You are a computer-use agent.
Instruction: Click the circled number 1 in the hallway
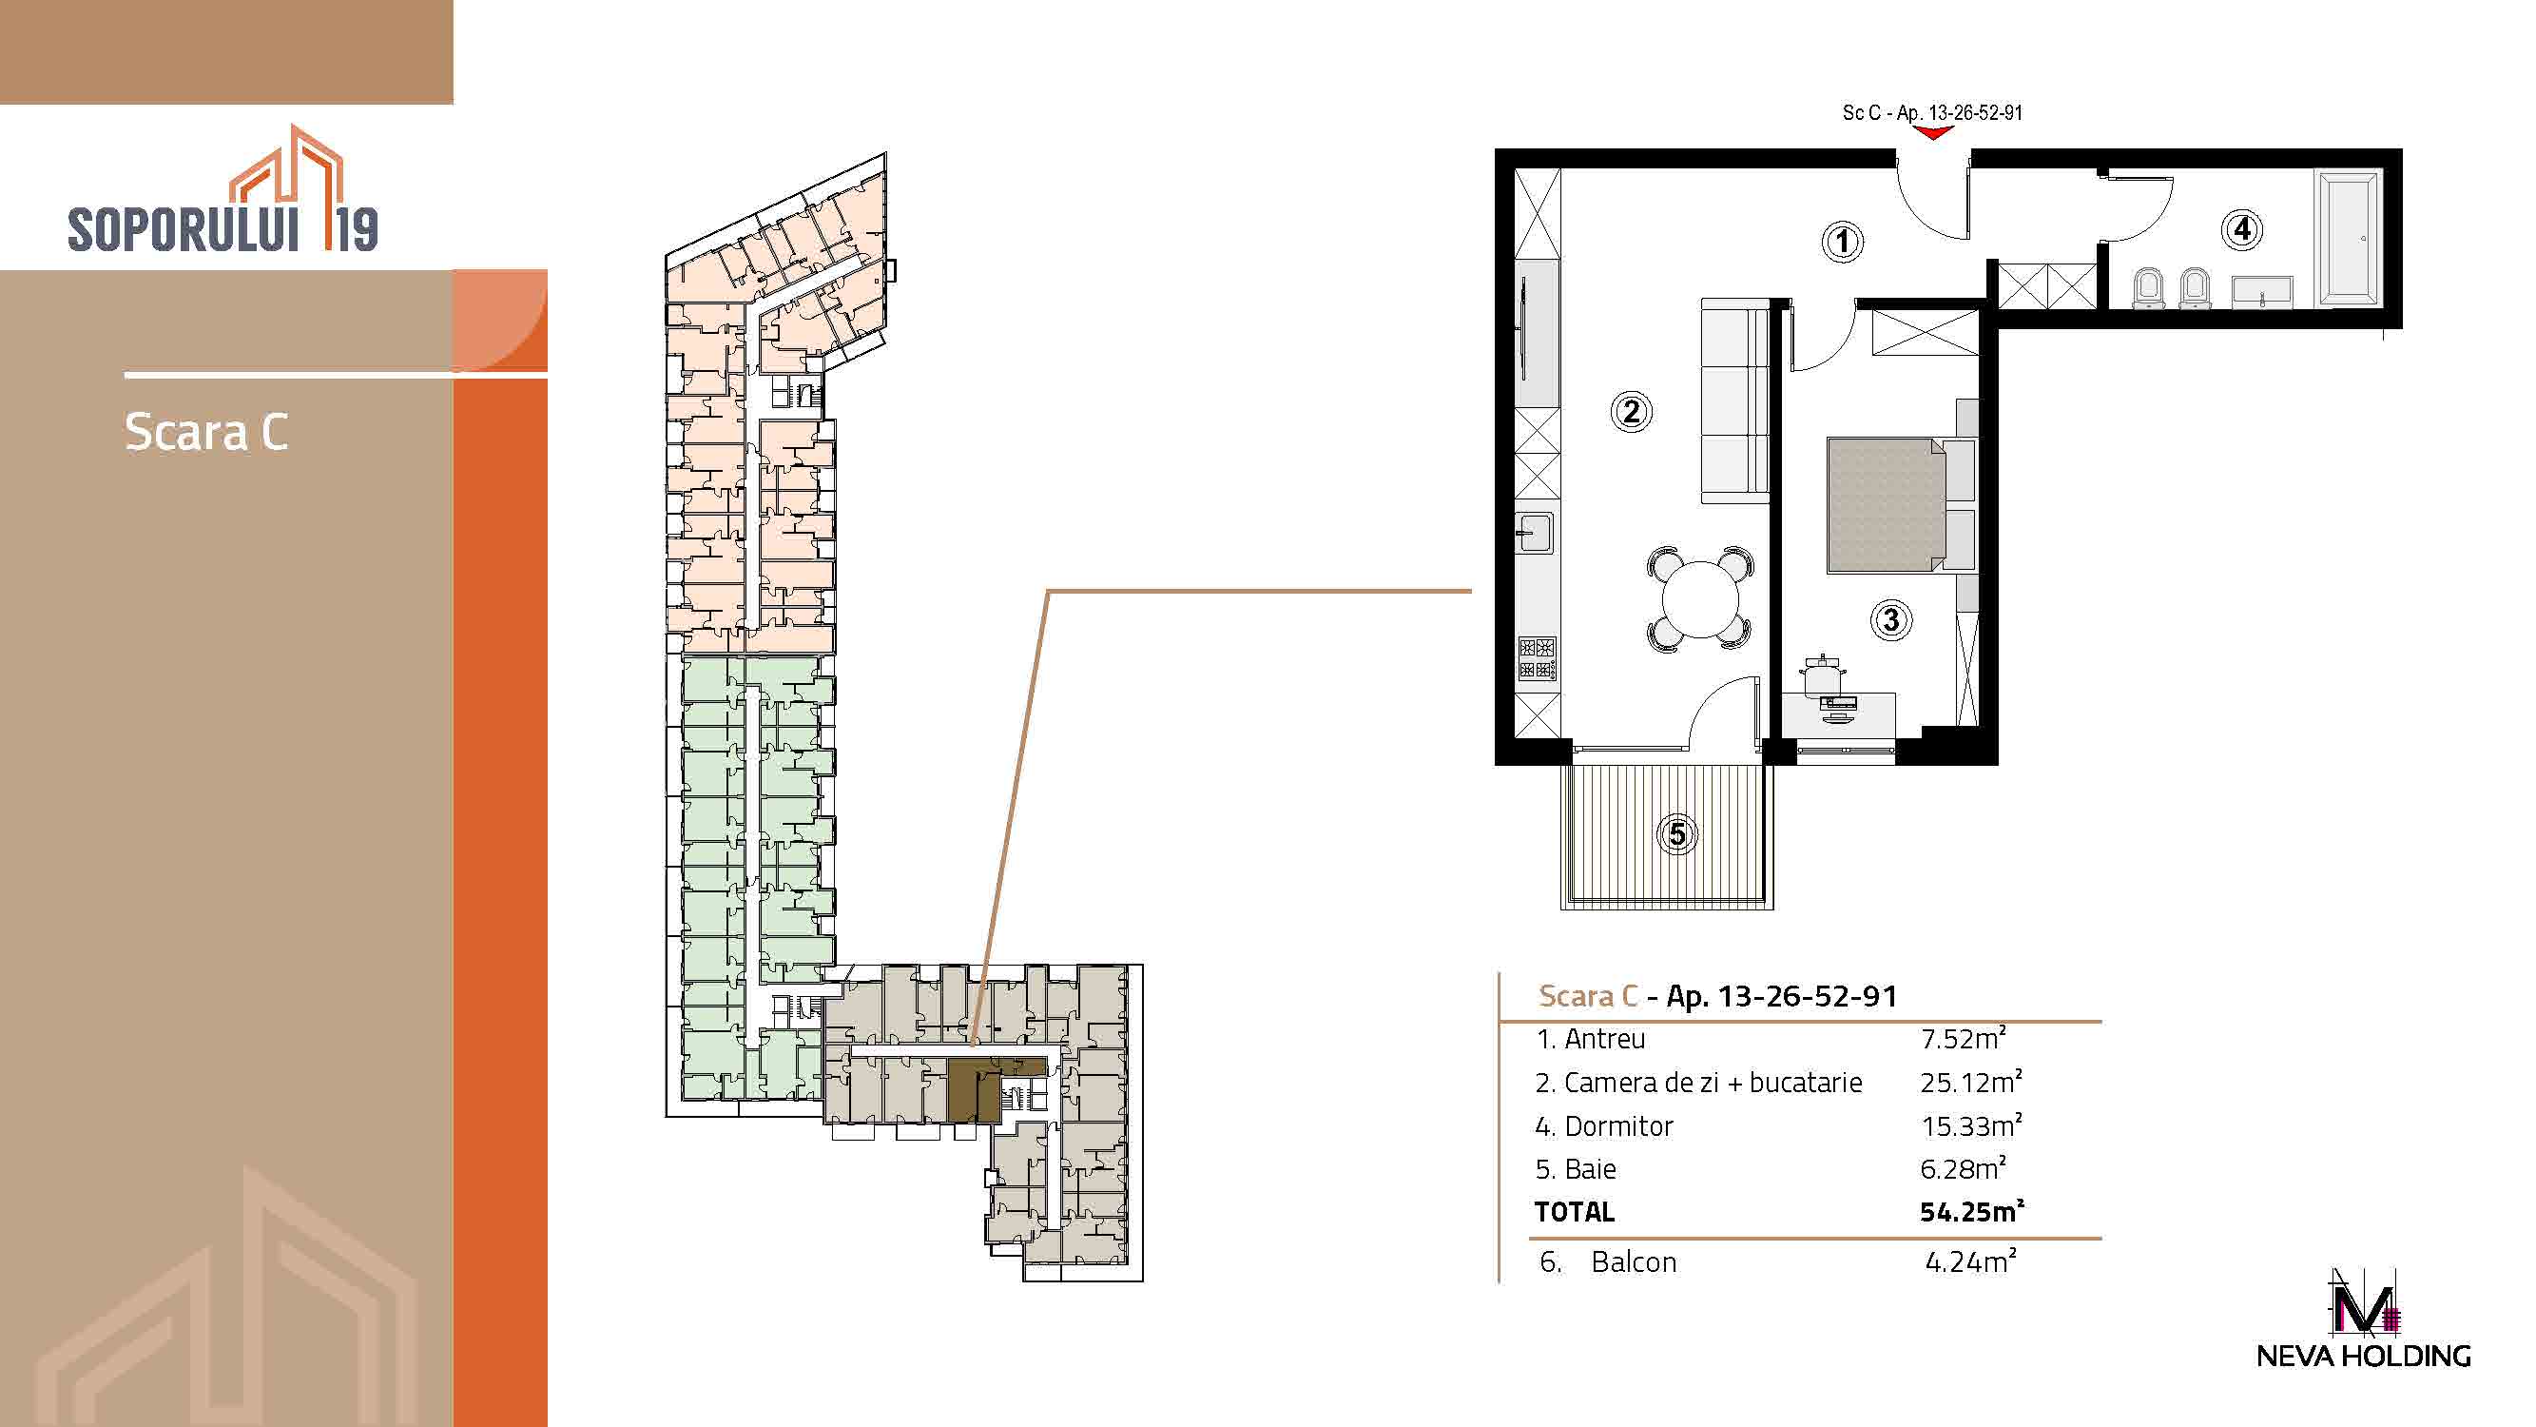(x=1842, y=242)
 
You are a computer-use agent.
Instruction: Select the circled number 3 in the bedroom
(x=1890, y=620)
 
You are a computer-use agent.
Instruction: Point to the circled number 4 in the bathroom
(x=2242, y=229)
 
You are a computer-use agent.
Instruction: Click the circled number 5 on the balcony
(x=1677, y=835)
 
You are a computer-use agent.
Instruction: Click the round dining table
(x=1700, y=597)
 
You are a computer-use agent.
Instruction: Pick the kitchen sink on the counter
(x=1535, y=534)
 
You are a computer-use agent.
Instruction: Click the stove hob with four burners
(x=1537, y=659)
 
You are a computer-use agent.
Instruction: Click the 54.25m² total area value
(x=1972, y=1211)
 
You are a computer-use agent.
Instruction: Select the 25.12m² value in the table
(x=1971, y=1083)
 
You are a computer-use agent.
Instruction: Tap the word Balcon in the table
(x=1634, y=1261)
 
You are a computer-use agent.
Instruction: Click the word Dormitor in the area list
(x=1618, y=1125)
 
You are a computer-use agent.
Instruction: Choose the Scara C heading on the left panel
(x=206, y=432)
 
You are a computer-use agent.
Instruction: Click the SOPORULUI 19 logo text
(x=223, y=228)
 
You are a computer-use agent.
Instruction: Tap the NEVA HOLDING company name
(x=2364, y=1356)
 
